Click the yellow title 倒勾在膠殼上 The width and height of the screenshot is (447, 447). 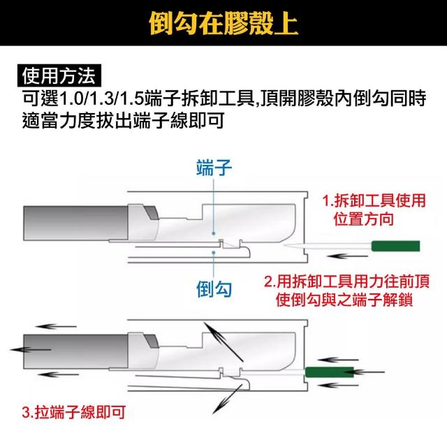pos(223,23)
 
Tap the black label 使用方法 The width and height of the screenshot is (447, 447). pos(59,75)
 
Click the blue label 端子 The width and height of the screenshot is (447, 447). pos(214,168)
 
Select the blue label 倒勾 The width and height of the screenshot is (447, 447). pos(214,289)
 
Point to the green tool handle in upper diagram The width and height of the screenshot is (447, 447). pos(395,246)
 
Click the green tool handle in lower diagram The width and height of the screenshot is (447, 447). pos(329,372)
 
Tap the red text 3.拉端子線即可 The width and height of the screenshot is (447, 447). pos(74,412)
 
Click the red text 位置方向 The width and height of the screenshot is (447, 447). pos(364,219)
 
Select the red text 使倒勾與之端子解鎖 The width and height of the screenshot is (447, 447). pos(344,300)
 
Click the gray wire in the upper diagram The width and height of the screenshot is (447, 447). pos(75,223)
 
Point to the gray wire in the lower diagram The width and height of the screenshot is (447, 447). pos(75,352)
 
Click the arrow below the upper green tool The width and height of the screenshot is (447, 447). pos(348,256)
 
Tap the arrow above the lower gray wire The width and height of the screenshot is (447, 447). pos(56,326)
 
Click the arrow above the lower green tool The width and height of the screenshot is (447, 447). pos(338,360)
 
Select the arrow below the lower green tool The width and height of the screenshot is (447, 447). pos(338,386)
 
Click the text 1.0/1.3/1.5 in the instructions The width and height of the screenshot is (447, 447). pos(101,98)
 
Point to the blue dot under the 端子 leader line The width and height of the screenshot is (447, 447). pos(214,233)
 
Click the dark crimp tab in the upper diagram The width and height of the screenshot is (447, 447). pos(152,212)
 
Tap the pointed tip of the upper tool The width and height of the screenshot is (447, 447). pos(284,245)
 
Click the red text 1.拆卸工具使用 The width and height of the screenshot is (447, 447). pos(374,200)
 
